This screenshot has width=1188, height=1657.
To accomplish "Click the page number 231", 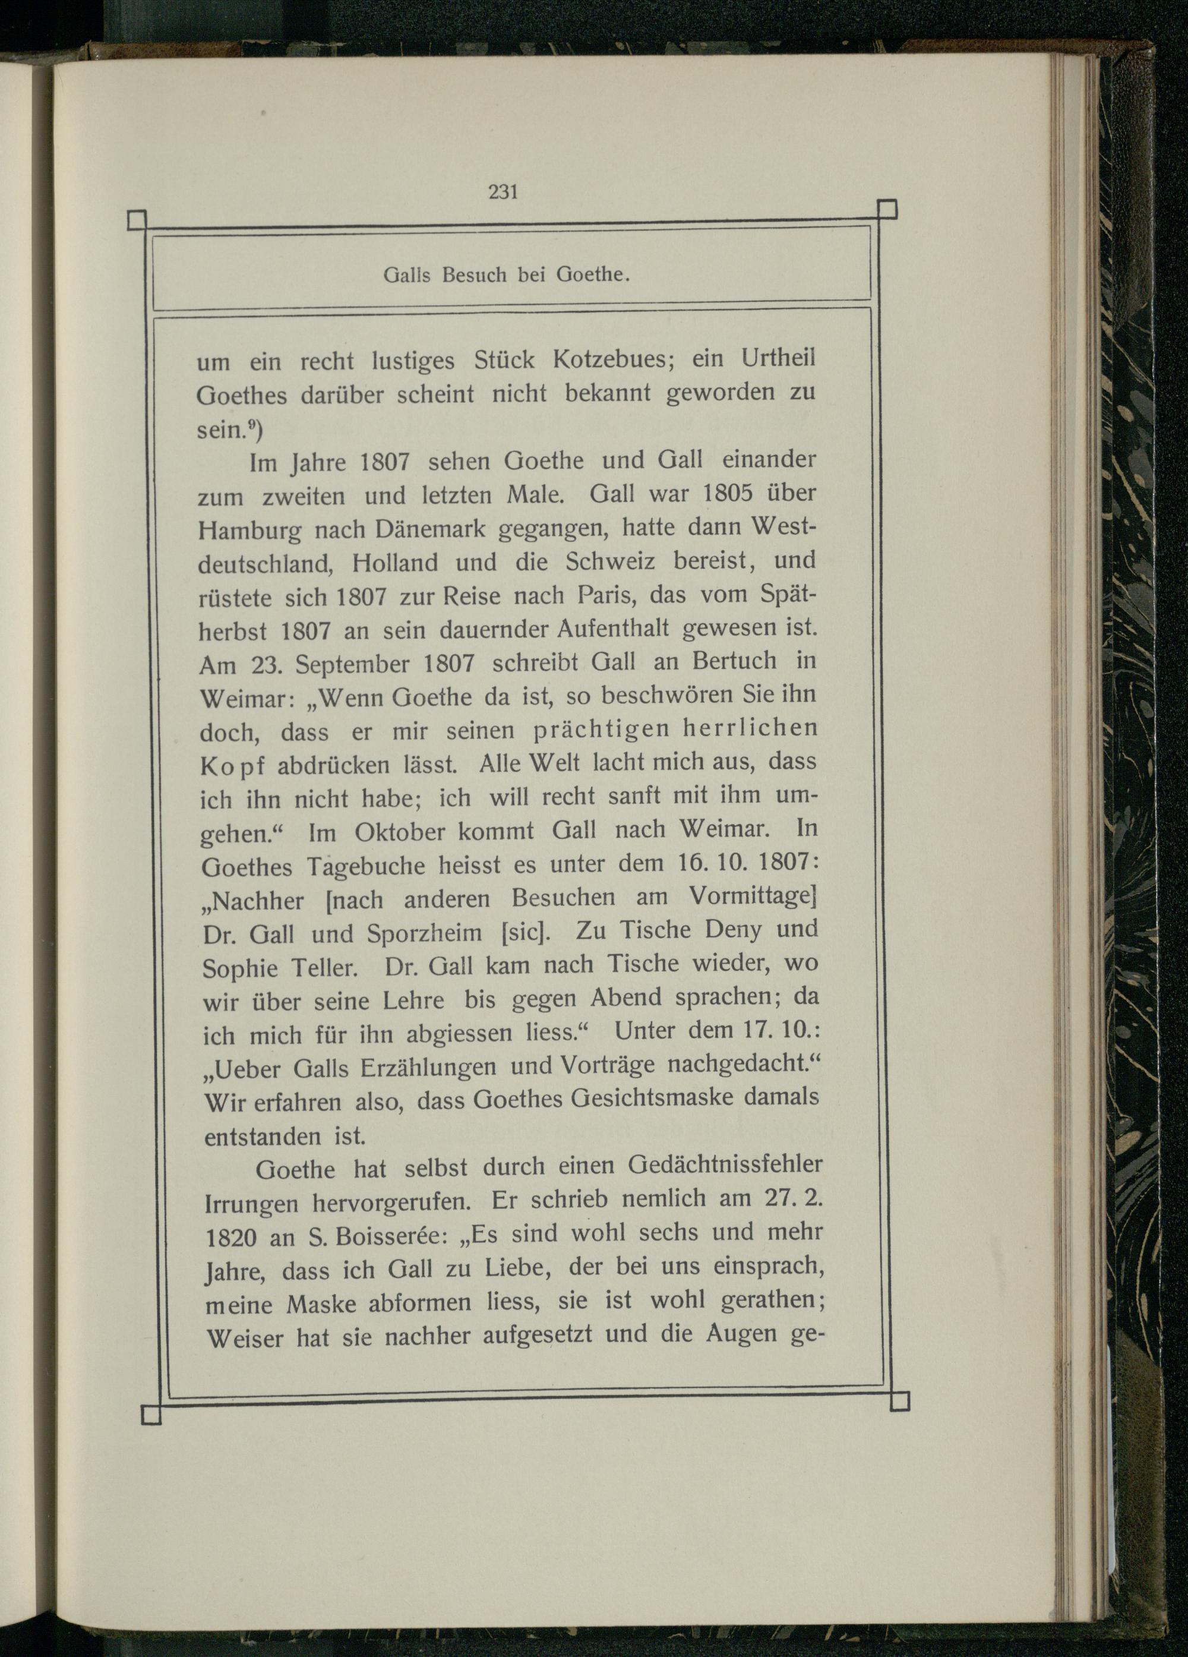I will click(503, 192).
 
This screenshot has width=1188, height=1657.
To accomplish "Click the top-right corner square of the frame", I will click(886, 210).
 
